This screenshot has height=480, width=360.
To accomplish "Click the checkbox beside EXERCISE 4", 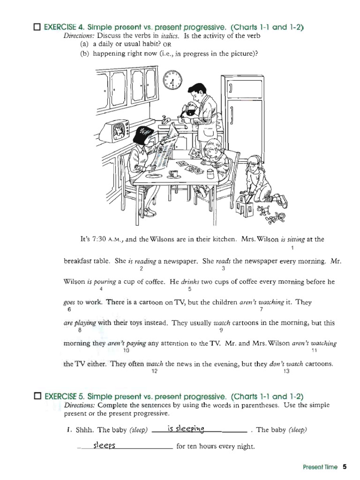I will point(37,27).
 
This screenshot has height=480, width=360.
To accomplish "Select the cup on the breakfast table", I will point(173,174).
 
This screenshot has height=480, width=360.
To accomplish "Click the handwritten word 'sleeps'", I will point(104,445).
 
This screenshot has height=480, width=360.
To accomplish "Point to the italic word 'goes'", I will point(69,302).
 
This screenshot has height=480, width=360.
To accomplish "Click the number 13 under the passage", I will point(287,371).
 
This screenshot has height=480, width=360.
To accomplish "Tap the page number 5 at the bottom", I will point(345,467).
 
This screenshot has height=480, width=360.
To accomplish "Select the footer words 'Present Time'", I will point(320,467).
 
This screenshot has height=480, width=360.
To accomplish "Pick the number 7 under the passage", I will point(261,310).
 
